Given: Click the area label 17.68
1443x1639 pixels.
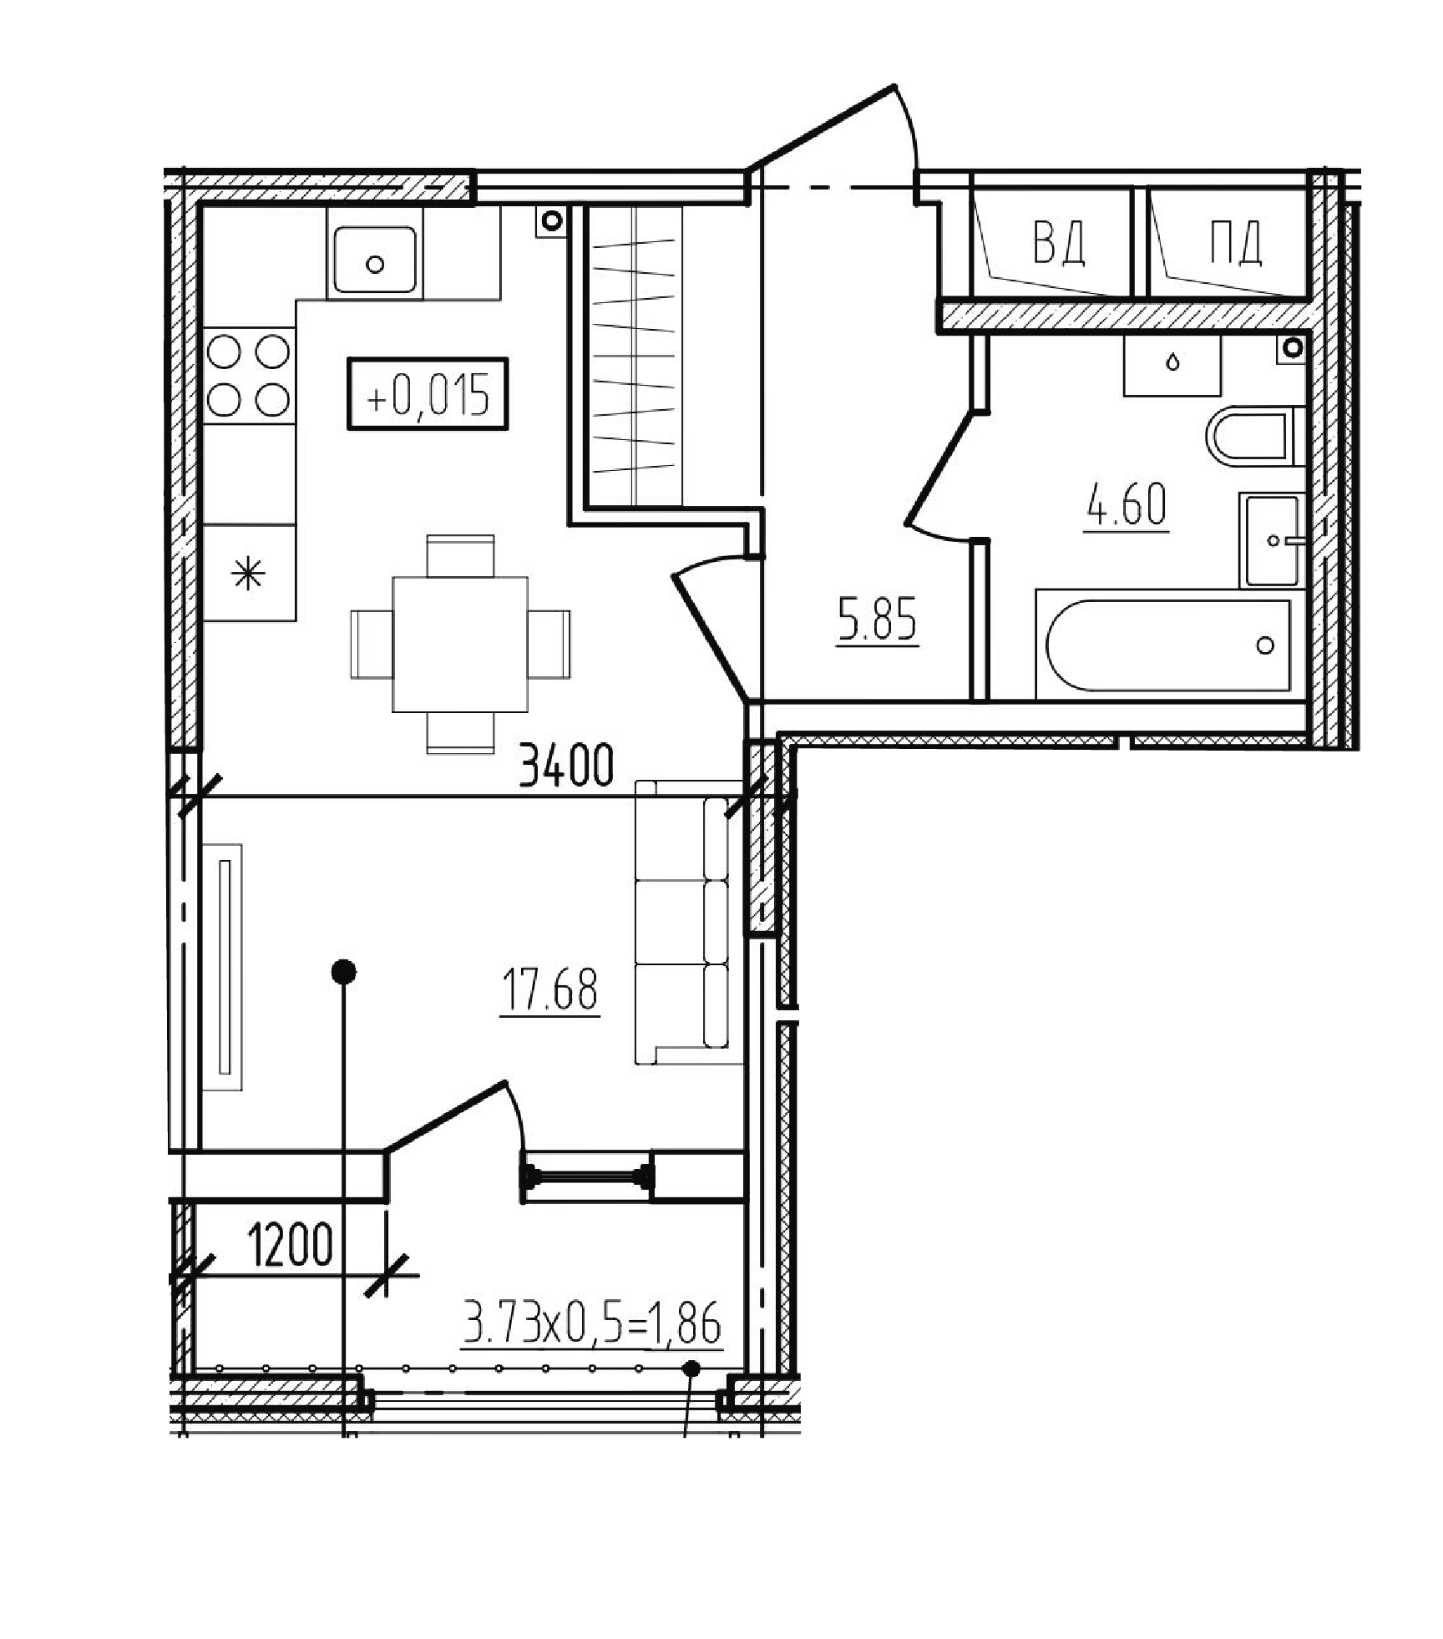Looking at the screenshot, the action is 549,989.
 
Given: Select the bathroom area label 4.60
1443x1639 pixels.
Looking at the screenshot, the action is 1127,505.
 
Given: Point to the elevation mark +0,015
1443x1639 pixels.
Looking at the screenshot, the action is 428,395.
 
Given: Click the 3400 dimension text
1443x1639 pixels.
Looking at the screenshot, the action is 566,766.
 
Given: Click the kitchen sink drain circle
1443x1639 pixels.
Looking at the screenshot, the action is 375,265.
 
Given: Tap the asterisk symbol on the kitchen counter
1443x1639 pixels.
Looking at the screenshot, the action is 248,575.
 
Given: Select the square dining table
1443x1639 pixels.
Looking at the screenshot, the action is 460,644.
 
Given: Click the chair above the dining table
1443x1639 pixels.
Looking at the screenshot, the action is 460,556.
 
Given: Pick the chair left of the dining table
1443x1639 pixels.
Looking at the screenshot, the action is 372,644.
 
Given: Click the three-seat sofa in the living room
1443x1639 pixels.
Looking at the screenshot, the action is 689,923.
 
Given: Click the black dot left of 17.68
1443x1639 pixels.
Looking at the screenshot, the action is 344,972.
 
